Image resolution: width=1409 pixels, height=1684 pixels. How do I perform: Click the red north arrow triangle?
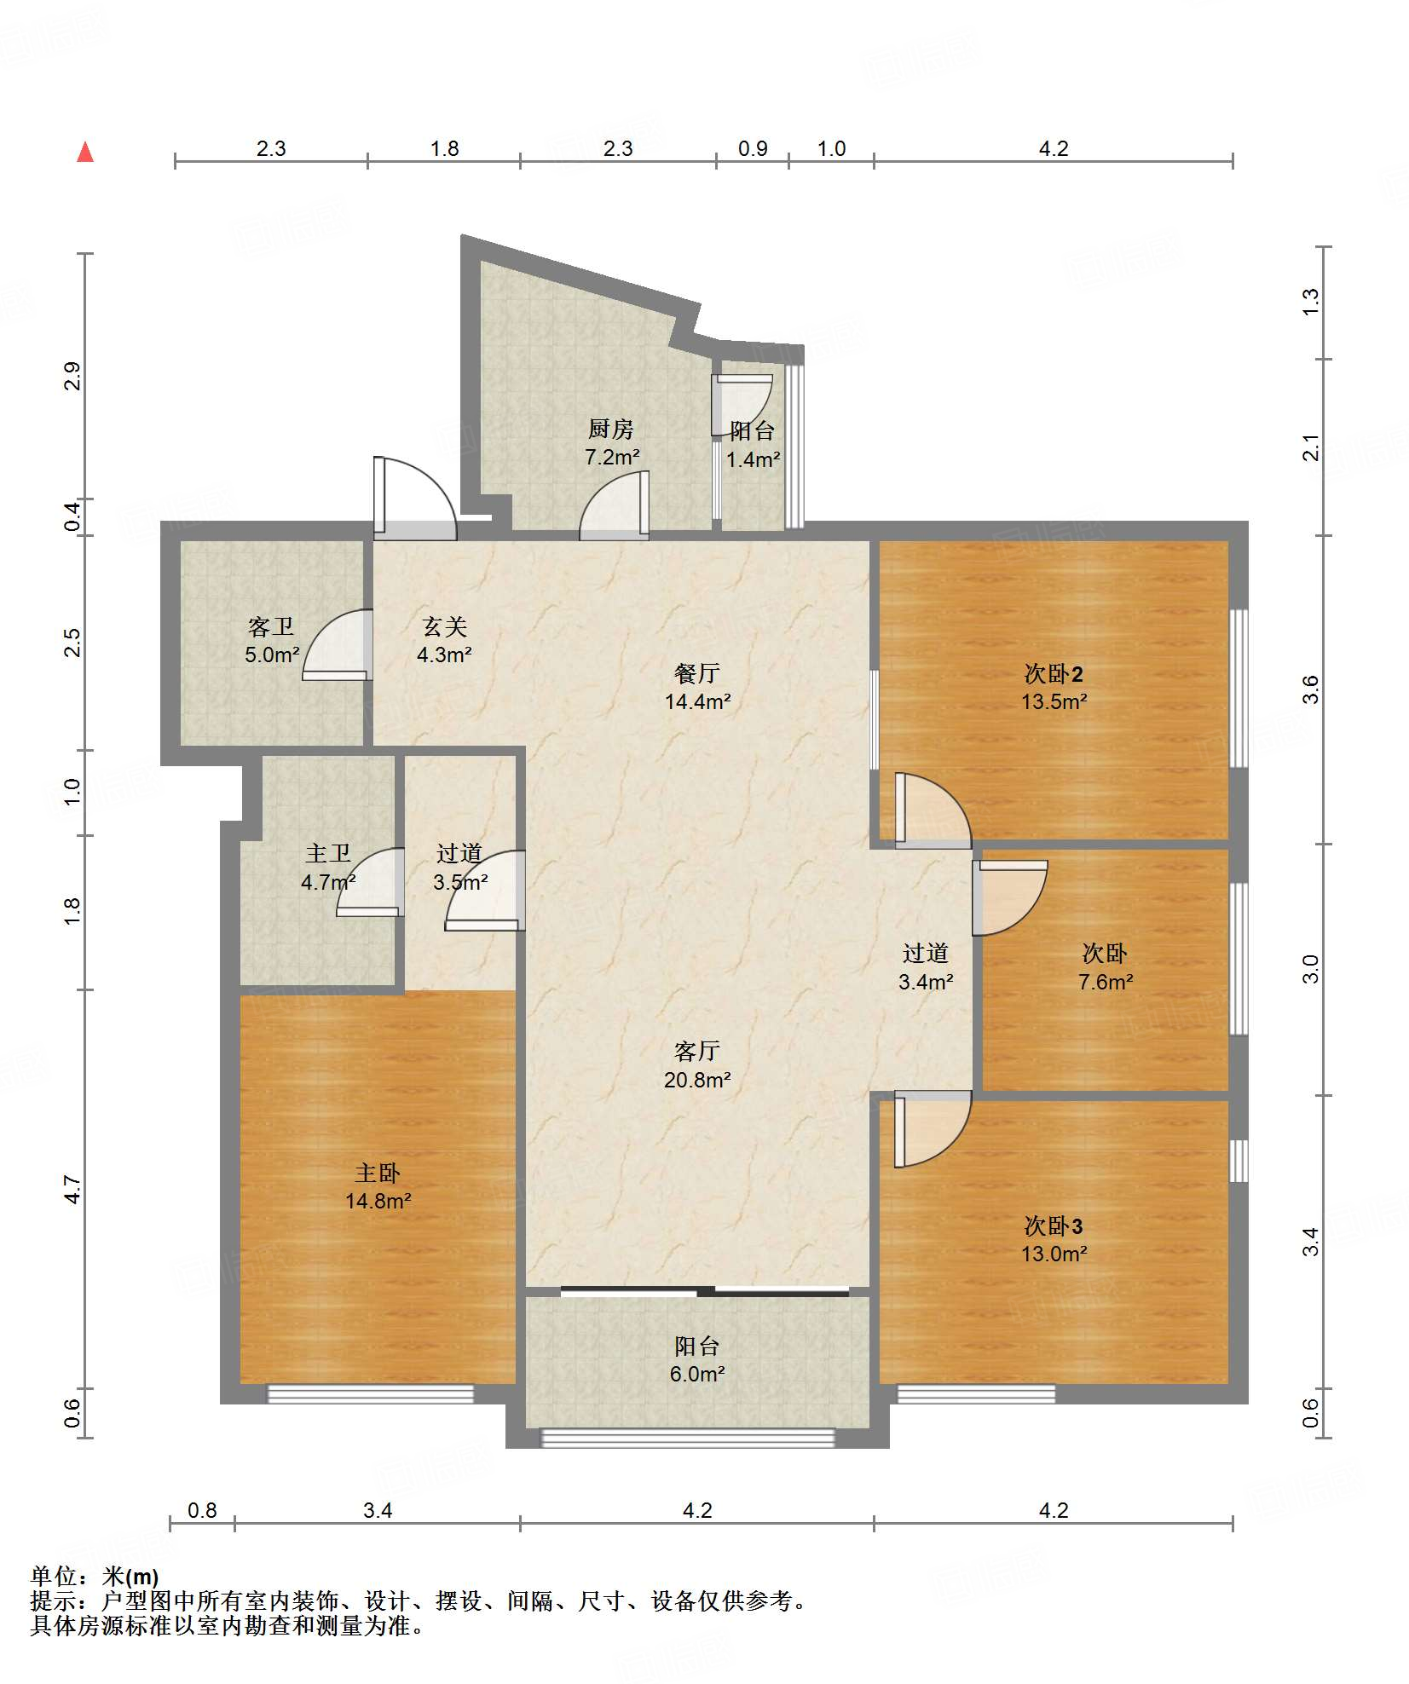[85, 153]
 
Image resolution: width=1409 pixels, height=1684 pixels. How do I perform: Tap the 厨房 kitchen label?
[611, 429]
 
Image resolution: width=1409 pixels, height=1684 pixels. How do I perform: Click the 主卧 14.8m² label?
[378, 1187]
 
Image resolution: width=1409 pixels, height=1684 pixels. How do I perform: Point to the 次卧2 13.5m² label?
[1054, 688]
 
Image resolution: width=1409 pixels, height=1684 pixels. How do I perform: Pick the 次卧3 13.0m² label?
[1054, 1240]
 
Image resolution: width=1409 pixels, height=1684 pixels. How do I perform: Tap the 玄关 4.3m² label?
[444, 641]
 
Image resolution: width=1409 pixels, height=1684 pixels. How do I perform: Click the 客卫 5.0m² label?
[272, 641]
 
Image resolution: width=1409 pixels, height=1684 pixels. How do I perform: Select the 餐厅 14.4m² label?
[697, 688]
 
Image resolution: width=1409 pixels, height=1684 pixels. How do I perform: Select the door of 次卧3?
[933, 1129]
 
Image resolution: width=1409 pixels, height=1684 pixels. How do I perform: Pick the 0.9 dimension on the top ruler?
[753, 149]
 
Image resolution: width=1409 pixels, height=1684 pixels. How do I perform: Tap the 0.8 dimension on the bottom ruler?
[202, 1510]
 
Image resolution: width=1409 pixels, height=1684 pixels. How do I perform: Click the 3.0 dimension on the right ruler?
[1310, 969]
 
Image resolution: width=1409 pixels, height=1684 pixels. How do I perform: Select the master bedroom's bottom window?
[371, 1393]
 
